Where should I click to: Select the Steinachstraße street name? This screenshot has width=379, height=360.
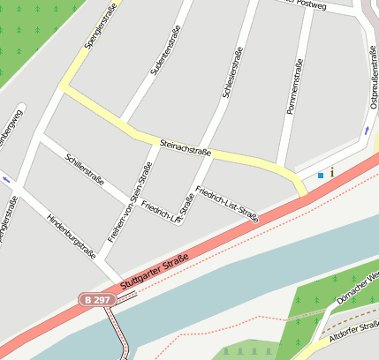186,147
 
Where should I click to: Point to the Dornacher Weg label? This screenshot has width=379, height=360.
357,289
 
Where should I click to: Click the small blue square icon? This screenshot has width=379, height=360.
320,176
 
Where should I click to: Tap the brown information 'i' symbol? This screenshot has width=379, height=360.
331,173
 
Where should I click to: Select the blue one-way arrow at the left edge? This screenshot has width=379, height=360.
7,180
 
